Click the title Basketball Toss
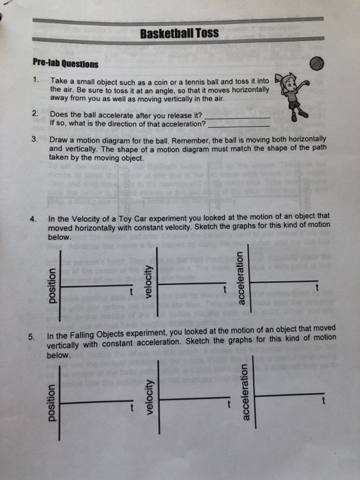pos(179,33)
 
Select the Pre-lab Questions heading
pos(65,64)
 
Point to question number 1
pos(34,80)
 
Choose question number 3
pos(34,139)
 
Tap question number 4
pos(33,219)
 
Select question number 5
pos(32,336)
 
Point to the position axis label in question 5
pos(49,404)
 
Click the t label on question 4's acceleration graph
pos(316,289)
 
